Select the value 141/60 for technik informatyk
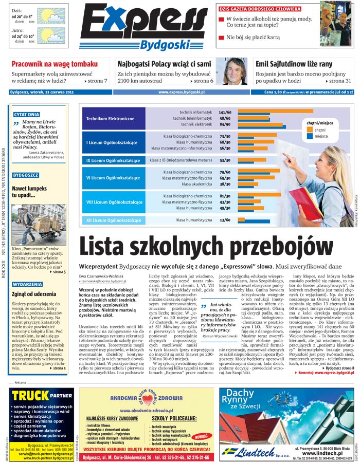[x=225, y=112]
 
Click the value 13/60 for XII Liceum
[x=225, y=220]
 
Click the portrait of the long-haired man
[x=235, y=71]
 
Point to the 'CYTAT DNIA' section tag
[x=27, y=115]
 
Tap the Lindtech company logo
[x=257, y=451]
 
